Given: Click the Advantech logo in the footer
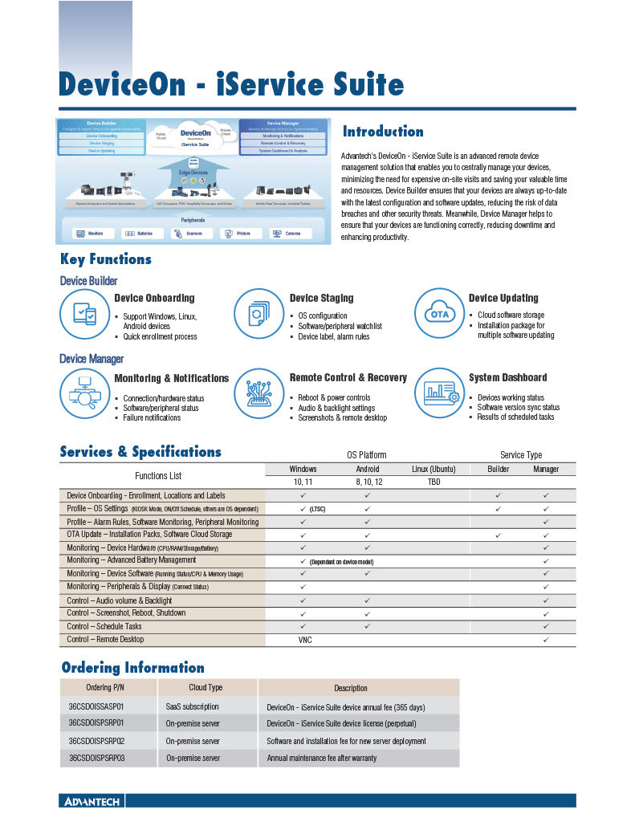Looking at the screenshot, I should coord(91,801).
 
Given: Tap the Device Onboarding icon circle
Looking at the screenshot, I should coord(84,314).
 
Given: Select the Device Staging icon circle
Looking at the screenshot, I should coord(258,314).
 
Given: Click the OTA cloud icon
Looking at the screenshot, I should coord(439,314).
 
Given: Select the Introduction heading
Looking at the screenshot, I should coord(383,132).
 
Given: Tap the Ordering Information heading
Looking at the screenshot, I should coord(132,667).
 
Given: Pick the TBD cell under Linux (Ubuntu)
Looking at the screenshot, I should coord(434,482).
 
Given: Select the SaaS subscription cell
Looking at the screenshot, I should coord(192,707).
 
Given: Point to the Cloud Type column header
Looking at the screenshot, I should coord(206,688).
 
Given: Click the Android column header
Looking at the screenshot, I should coord(368,469).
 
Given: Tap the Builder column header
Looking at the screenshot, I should coord(499,469).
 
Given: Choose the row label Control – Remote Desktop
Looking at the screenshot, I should coord(105,640).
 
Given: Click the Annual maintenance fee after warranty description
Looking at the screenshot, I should coord(321,758).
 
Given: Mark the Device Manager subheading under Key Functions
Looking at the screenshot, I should coord(92,359).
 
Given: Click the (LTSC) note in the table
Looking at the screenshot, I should coord(317,509).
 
